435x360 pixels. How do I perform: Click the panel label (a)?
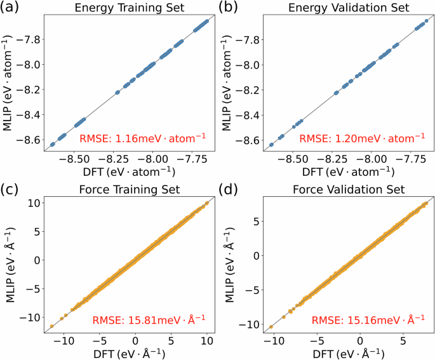click(x=12, y=9)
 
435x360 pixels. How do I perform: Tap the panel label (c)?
click(x=12, y=189)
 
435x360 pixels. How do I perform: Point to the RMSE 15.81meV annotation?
click(x=150, y=319)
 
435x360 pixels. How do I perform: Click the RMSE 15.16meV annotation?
click(x=368, y=319)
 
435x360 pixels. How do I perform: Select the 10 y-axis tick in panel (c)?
click(x=34, y=203)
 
